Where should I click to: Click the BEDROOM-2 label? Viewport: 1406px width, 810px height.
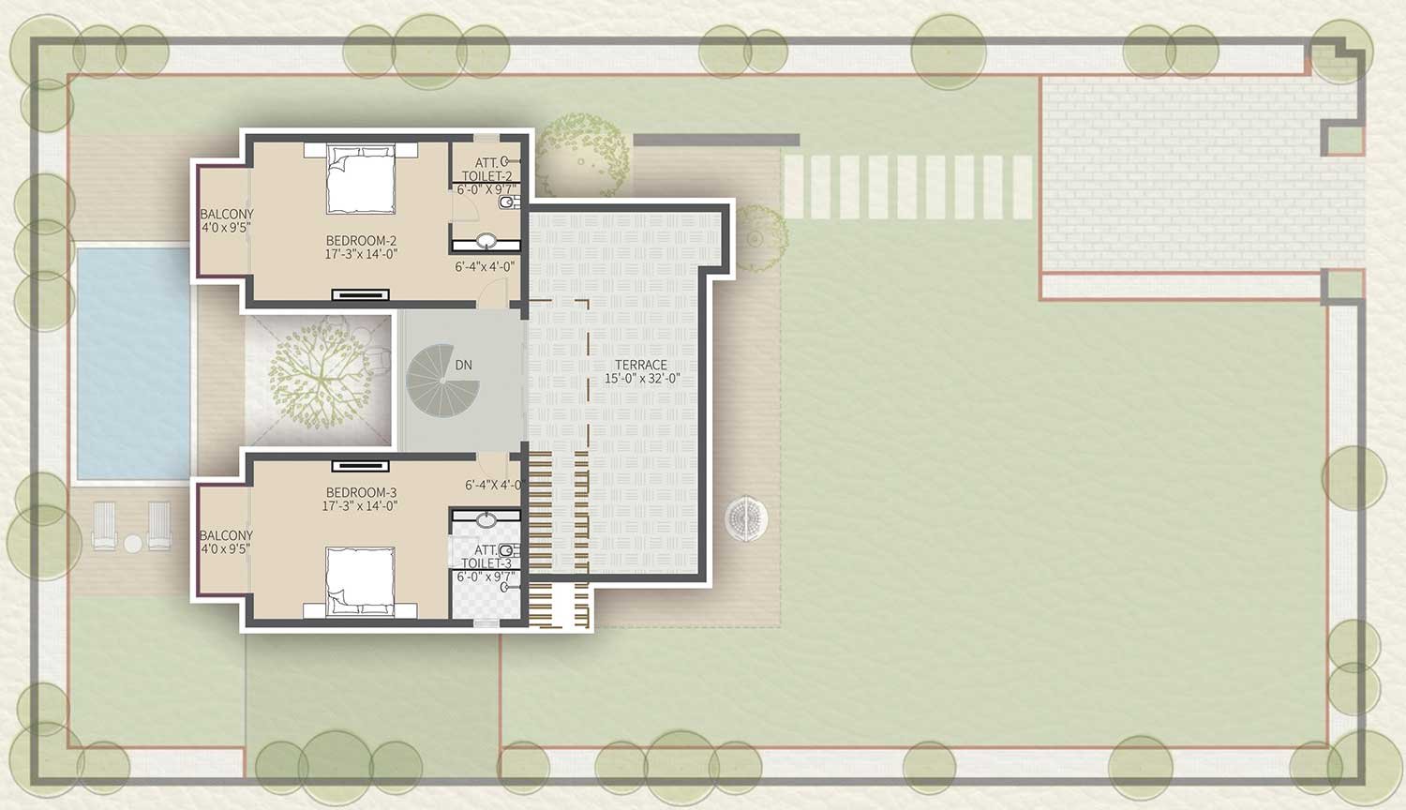coord(361,241)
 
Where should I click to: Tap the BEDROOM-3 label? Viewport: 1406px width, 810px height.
coord(361,492)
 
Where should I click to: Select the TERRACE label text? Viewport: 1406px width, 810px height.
coord(641,365)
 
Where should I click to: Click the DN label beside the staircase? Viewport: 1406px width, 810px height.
coord(463,365)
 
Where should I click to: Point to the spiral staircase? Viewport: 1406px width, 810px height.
coord(439,381)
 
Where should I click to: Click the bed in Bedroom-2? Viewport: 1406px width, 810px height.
coord(361,179)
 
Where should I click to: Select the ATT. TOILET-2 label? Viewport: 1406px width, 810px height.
coord(487,170)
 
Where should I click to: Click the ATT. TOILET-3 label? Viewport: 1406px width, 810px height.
coord(487,557)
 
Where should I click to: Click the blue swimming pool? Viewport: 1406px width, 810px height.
coord(133,363)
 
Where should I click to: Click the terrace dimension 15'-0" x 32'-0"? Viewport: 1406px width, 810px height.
coord(642,379)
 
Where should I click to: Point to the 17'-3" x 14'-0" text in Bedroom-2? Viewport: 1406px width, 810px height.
coord(361,254)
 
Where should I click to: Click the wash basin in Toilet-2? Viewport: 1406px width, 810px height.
coord(486,241)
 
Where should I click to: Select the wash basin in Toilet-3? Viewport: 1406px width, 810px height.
coord(486,519)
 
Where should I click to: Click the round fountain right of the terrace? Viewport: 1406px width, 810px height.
coord(746,518)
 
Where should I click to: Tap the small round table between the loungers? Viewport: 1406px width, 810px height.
coord(132,544)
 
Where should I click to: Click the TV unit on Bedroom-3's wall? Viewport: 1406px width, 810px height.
coord(360,466)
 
